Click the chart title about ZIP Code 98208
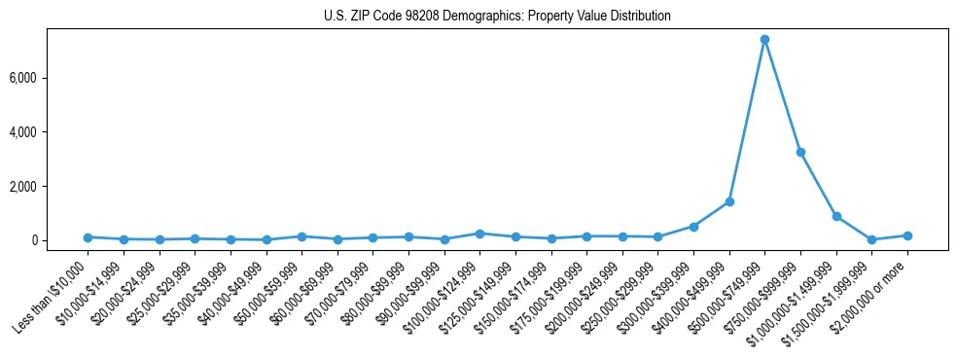tap(497, 17)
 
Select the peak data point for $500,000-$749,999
tap(764, 39)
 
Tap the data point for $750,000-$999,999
tap(800, 152)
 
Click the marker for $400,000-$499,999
tap(729, 201)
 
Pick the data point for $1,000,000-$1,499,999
tap(836, 216)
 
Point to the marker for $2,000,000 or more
tap(907, 235)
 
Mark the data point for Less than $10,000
tap(88, 236)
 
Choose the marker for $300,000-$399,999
tap(693, 226)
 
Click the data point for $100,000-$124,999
tap(479, 234)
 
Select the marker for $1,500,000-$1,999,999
tap(871, 239)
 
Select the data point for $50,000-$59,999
tap(301, 236)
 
